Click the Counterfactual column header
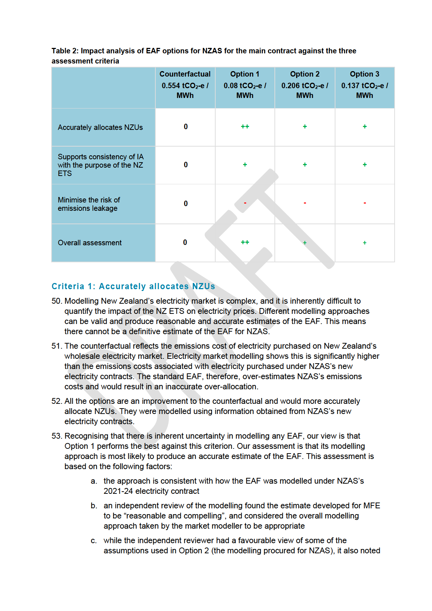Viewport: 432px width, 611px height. coord(185,74)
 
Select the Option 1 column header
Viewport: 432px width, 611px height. coord(245,74)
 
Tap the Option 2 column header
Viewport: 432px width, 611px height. coord(305,74)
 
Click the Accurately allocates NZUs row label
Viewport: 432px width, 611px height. coord(100,127)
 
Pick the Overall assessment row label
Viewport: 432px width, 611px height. coord(90,243)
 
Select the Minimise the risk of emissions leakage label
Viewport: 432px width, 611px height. coord(89,204)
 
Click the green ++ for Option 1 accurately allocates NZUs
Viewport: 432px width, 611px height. coord(245,127)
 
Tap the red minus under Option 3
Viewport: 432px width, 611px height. coord(364,203)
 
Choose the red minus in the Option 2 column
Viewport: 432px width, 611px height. coord(305,203)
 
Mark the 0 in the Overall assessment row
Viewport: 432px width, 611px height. coord(185,242)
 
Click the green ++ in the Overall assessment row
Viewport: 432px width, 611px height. coord(245,242)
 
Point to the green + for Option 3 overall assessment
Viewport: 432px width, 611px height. coord(364,243)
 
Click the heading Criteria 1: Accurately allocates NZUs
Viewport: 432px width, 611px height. coord(133,286)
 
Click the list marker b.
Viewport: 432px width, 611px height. coord(94,506)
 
